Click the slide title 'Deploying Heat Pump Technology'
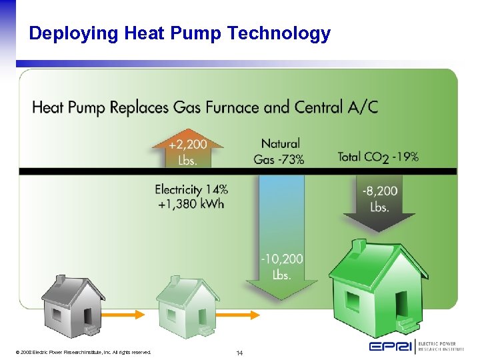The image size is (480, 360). point(179,33)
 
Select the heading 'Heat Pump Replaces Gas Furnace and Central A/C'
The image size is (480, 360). point(205,107)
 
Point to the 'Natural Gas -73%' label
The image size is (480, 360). point(279,151)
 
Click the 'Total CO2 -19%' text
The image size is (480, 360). point(378,157)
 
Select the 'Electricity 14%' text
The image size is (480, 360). point(191,189)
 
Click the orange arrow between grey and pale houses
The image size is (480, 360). point(127,313)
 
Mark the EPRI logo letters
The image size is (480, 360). point(391,346)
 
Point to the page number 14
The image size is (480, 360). point(239,352)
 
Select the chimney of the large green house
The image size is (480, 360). point(359,245)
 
